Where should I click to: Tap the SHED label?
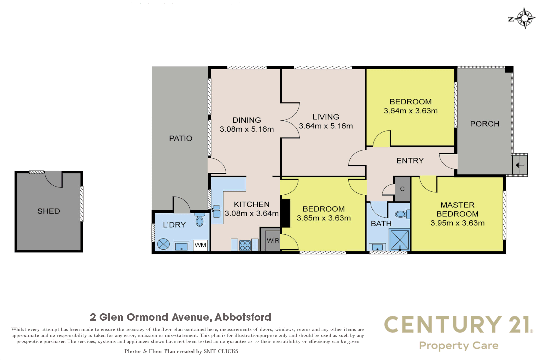click(x=49, y=211)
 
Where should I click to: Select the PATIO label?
click(x=180, y=138)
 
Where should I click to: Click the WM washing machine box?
click(x=200, y=245)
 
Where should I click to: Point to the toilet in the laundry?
click(x=200, y=220)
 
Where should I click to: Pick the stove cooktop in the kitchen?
click(x=245, y=246)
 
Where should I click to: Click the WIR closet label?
click(x=273, y=240)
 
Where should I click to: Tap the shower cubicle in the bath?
click(x=400, y=239)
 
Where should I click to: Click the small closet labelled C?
click(x=402, y=189)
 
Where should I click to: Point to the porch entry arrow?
click(x=519, y=165)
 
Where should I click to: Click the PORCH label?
click(x=485, y=124)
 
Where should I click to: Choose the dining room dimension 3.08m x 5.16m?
click(x=247, y=129)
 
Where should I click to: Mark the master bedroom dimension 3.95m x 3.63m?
click(x=457, y=223)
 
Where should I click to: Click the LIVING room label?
click(x=326, y=117)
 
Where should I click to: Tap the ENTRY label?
click(x=410, y=161)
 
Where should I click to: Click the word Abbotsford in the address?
click(x=243, y=317)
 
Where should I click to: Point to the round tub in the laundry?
click(x=163, y=244)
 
